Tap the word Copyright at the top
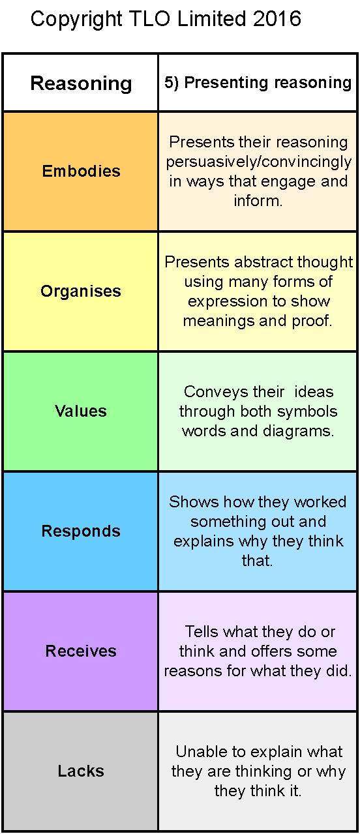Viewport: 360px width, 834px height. coord(76,20)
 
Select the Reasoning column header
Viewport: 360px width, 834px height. coord(81,83)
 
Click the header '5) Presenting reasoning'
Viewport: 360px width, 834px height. coord(258,83)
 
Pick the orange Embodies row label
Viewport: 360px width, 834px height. coord(81,171)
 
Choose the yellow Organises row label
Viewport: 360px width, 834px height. coord(81,291)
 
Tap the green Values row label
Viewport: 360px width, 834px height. coord(81,411)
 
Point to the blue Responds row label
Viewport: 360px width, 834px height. coord(81,531)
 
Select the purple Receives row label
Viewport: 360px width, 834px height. coord(81,651)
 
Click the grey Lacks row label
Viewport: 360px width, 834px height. coord(81,771)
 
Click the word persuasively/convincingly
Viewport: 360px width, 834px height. coord(259,162)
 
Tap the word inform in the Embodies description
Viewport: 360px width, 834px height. coord(258,201)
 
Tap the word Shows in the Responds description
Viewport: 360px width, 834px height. coord(194,501)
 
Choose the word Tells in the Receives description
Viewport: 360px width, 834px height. coord(201,631)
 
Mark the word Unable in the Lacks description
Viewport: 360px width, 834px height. coord(201,751)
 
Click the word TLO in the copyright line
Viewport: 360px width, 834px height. coord(150,19)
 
